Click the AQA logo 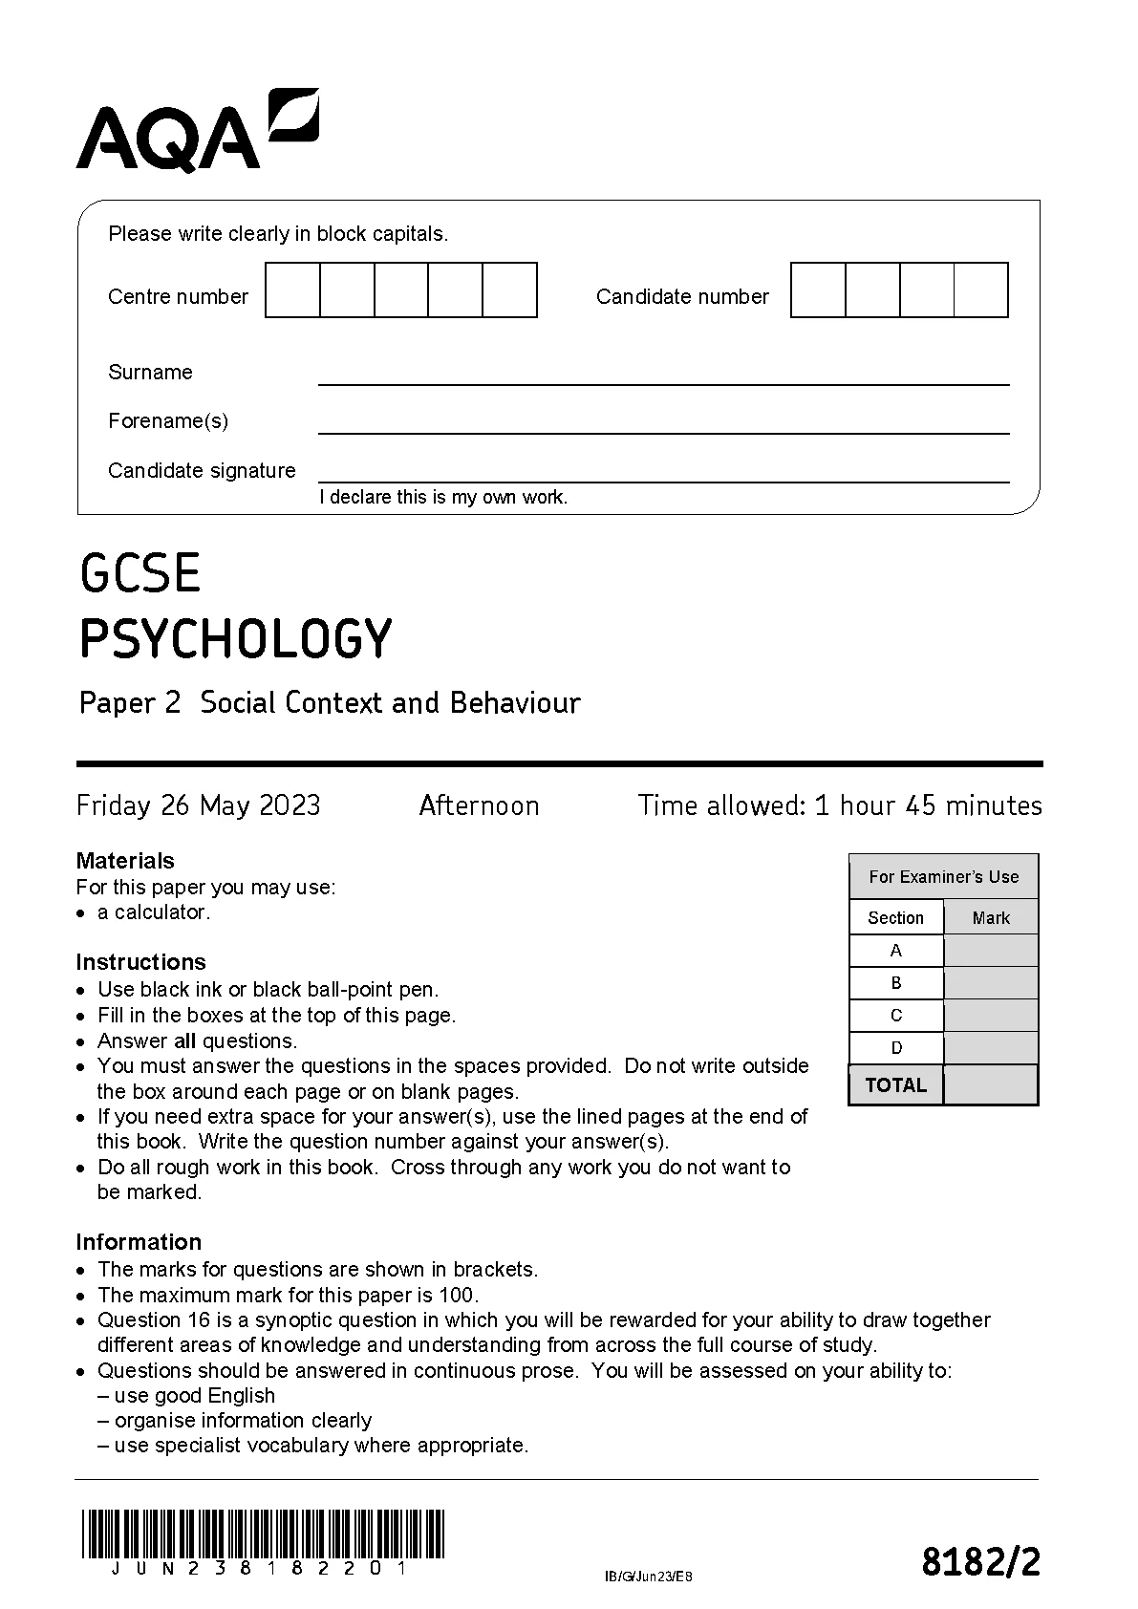coord(197,131)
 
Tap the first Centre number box coord(292,290)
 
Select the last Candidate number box coord(981,290)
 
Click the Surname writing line coord(663,375)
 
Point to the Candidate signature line coord(663,473)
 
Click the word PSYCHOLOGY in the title coord(235,639)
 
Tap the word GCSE coord(140,573)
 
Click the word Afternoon coord(479,806)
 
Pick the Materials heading coord(125,861)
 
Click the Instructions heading coord(140,962)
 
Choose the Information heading coord(139,1242)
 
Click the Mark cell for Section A coord(990,951)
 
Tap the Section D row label coord(896,1048)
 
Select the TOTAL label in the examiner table coord(895,1085)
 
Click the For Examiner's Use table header coord(943,877)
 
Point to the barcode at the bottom coord(263,1534)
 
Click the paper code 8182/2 coord(980,1563)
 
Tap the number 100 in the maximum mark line coord(458,1296)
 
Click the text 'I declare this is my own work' coord(443,498)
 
